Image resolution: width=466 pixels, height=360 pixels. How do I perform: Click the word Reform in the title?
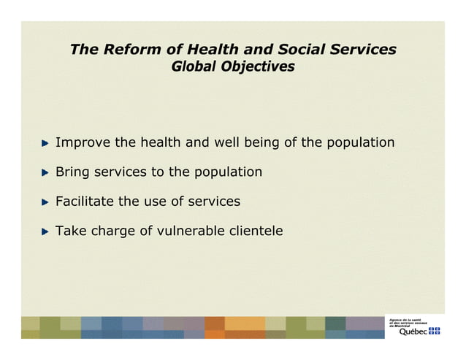[x=129, y=50]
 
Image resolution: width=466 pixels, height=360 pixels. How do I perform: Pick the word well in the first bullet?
[x=226, y=142]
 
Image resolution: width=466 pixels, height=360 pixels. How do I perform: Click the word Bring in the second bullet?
[x=73, y=172]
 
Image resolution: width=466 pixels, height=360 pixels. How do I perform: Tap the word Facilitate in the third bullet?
[x=85, y=202]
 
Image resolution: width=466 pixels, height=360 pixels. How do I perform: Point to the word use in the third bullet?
[x=155, y=202]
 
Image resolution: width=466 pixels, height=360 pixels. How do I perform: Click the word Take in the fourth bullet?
[x=71, y=231]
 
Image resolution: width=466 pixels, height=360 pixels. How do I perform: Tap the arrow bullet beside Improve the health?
[x=45, y=143]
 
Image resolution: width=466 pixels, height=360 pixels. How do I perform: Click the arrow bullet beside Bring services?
[x=45, y=173]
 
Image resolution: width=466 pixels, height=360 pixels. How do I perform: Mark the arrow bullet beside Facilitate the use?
[x=45, y=202]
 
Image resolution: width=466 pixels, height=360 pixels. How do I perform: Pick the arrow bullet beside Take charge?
[x=45, y=231]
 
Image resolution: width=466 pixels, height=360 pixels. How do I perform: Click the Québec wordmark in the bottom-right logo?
[x=413, y=332]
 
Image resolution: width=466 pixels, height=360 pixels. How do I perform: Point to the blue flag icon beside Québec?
[x=435, y=332]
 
